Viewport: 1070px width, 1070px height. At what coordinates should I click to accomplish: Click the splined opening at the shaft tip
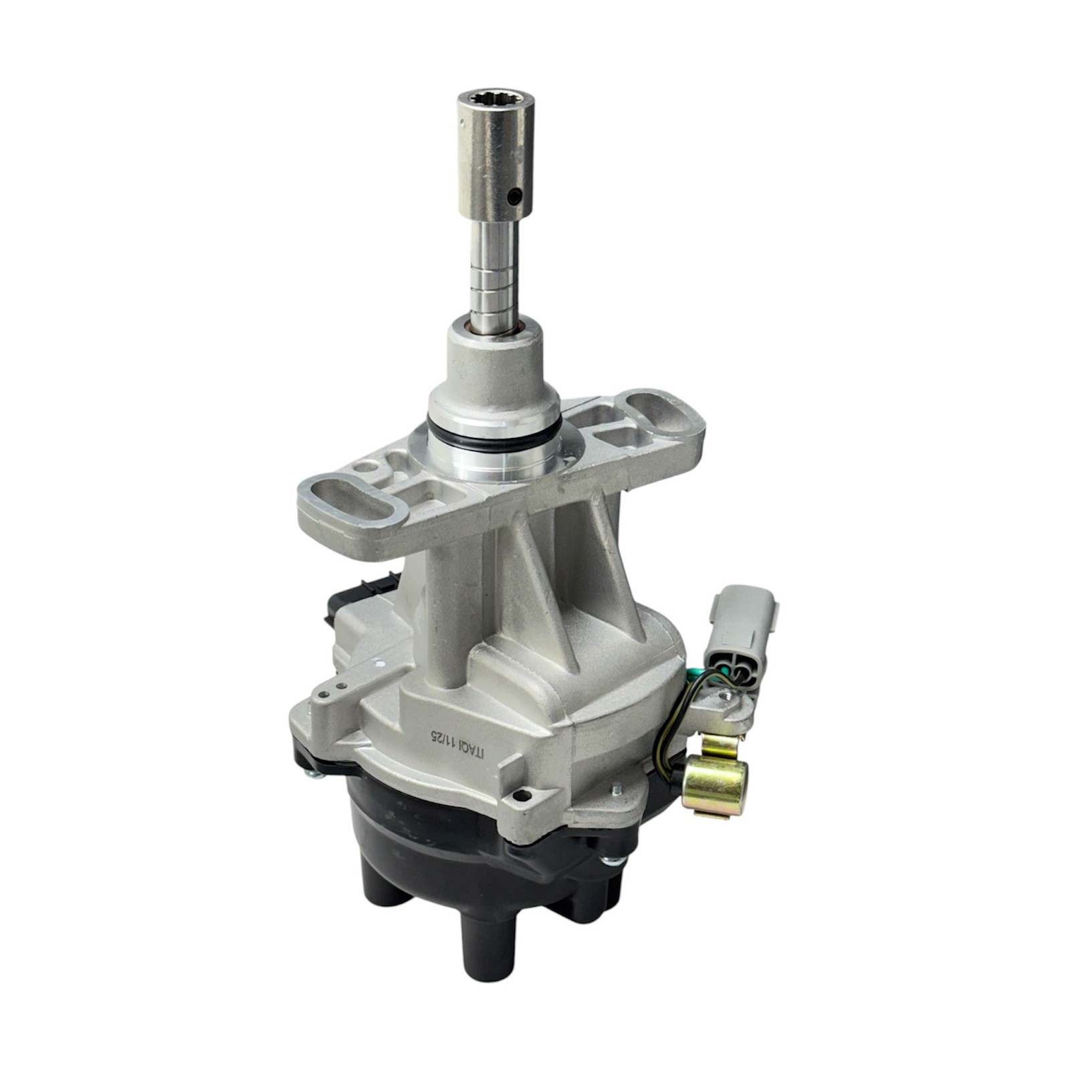click(496, 104)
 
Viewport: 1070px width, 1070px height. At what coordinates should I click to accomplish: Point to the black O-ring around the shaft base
click(493, 435)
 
